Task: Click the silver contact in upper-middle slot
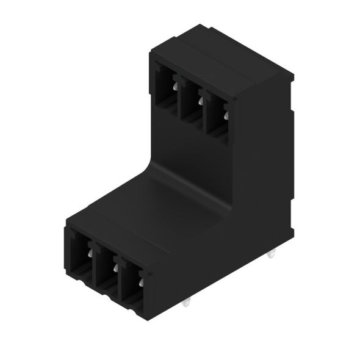point(200,100)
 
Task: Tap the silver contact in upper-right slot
point(225,113)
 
